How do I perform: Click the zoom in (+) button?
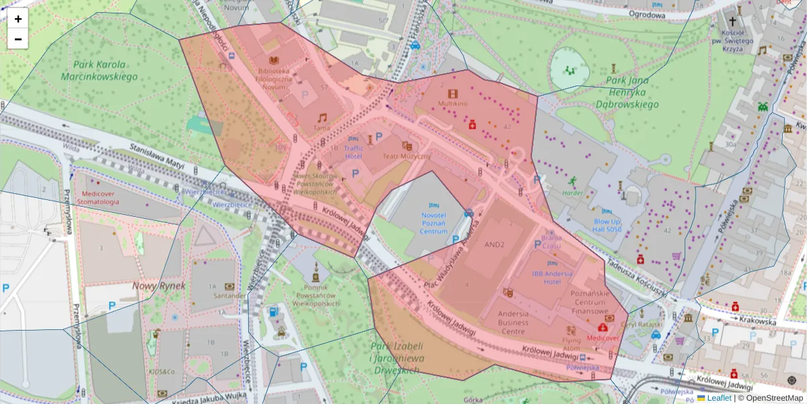coord(18,19)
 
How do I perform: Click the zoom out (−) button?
coord(18,39)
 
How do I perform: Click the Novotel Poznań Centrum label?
coord(434,223)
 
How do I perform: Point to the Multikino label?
coord(453,104)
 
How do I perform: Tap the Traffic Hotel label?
coord(353,152)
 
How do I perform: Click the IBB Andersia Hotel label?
coord(552,277)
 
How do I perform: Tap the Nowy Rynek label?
coord(153,286)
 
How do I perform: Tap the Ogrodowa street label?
coord(647,14)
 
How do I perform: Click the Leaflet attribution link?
coord(719,398)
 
